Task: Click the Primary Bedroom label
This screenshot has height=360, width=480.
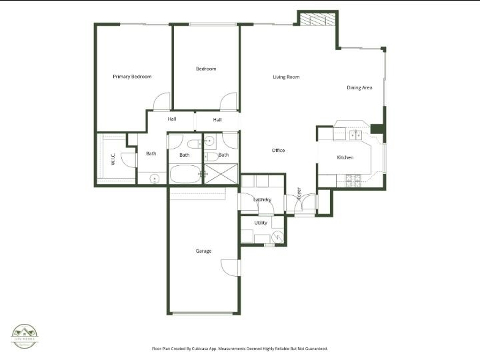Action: pyautogui.click(x=132, y=77)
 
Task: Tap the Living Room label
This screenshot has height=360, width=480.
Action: pyautogui.click(x=286, y=77)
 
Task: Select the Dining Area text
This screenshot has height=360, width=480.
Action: pyautogui.click(x=359, y=88)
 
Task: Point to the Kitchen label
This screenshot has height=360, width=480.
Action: pyautogui.click(x=345, y=157)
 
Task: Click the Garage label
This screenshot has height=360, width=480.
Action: pyautogui.click(x=203, y=251)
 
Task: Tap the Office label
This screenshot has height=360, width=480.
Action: pyautogui.click(x=278, y=151)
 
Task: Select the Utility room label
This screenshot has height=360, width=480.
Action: pyautogui.click(x=261, y=223)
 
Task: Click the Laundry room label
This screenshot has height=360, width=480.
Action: pyautogui.click(x=263, y=199)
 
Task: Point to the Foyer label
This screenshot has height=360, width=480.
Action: pyautogui.click(x=298, y=193)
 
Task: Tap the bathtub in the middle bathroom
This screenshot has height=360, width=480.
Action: pyautogui.click(x=186, y=175)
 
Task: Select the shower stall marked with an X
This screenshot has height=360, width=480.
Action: pyautogui.click(x=220, y=174)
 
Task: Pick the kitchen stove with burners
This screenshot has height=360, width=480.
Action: pyautogui.click(x=353, y=179)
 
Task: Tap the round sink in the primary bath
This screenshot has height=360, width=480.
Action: pyautogui.click(x=155, y=178)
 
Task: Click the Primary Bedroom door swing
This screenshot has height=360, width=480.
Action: pyautogui.click(x=162, y=103)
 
